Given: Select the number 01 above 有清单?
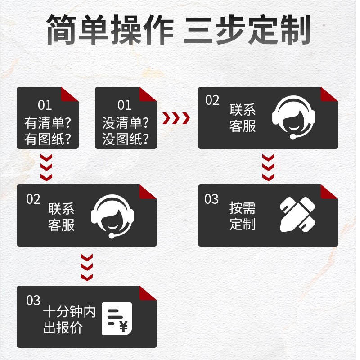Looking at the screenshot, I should point(45,105).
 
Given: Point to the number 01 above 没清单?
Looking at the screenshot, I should point(124,105).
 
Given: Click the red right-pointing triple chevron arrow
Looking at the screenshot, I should point(176,118).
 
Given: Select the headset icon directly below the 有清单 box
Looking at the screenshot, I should point(112,215).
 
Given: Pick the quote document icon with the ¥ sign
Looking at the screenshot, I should point(117,319).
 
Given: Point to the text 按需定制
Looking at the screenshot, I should point(243,216).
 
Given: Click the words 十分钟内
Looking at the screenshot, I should point(70,312).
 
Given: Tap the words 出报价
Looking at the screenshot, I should point(63,328).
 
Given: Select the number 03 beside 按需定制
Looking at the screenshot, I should point(211,199).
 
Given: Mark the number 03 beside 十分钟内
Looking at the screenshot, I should point(33,300).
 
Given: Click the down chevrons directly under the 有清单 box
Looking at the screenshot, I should point(46,167).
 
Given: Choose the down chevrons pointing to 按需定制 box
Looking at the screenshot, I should point(268,167).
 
